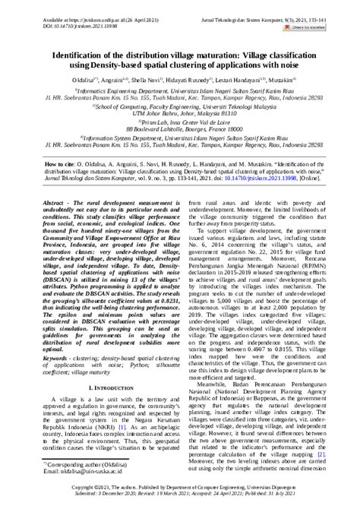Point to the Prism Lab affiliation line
180,144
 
